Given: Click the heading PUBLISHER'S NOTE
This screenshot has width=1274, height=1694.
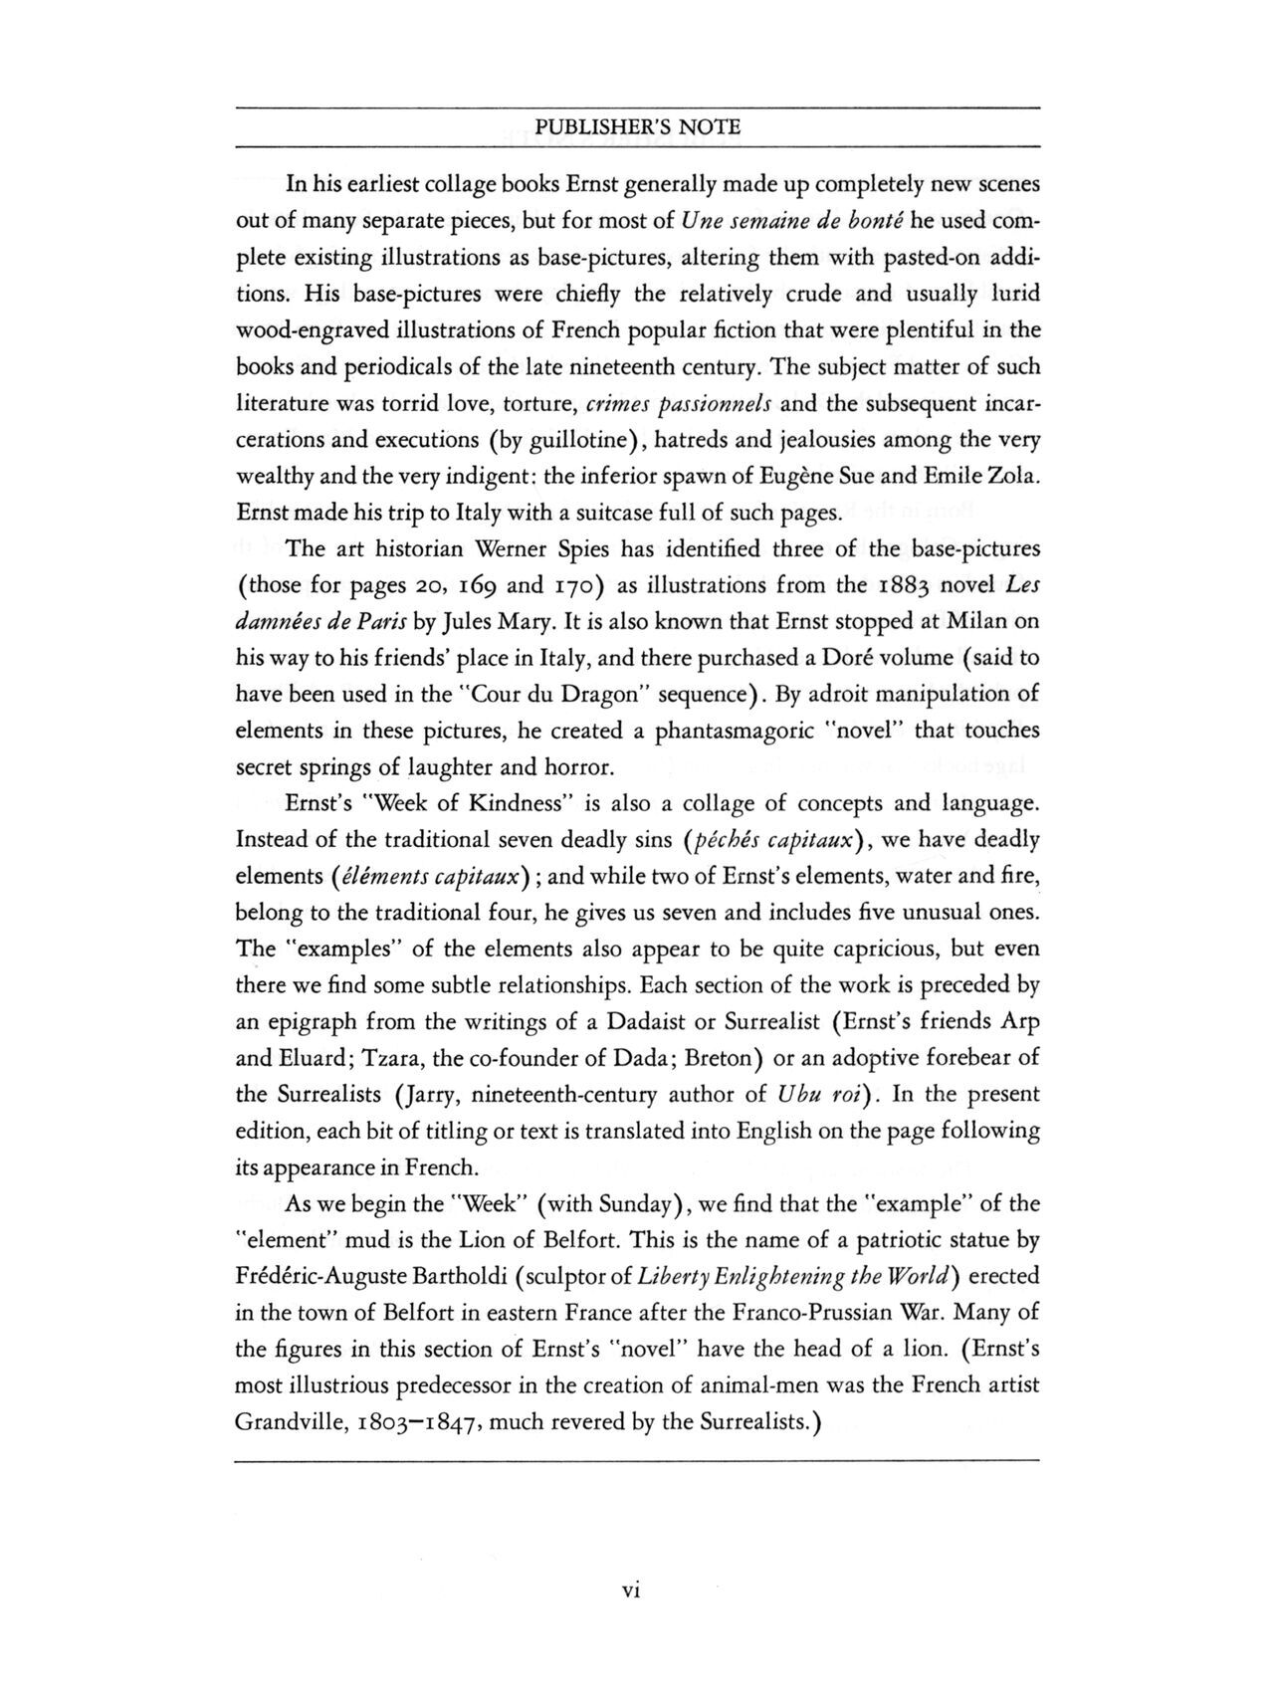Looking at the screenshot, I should [x=637, y=127].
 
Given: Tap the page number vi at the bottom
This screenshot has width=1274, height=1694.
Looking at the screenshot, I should [x=629, y=1591].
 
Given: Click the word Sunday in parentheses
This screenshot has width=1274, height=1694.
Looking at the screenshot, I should [x=637, y=1204].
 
